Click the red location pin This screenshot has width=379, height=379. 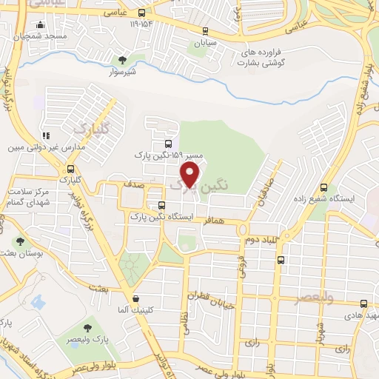click(x=191, y=175)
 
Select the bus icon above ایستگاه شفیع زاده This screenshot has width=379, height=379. click(x=323, y=188)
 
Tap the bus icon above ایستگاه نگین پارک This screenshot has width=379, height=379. click(x=161, y=205)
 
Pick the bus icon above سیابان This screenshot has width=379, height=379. click(x=206, y=31)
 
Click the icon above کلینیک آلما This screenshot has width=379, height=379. click(x=135, y=299)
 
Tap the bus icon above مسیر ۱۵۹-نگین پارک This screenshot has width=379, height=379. click(x=169, y=144)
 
